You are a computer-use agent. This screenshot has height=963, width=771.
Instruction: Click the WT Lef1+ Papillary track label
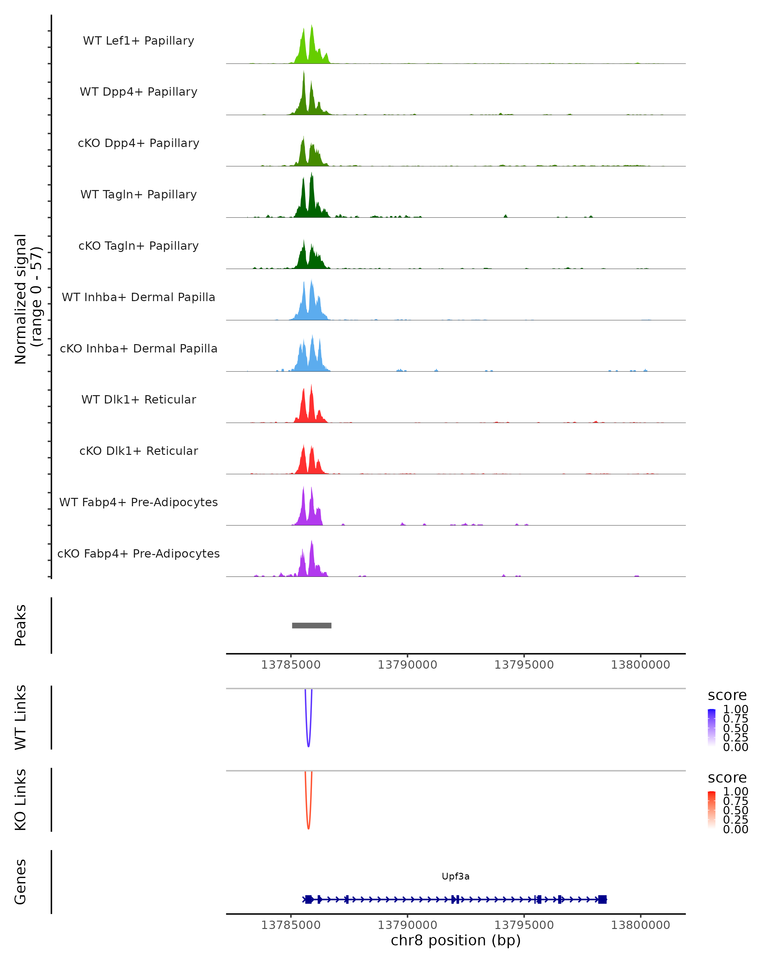click(138, 41)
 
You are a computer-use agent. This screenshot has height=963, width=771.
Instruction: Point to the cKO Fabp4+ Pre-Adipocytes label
click(138, 553)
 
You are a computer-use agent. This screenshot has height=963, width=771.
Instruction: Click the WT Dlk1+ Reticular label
click(138, 399)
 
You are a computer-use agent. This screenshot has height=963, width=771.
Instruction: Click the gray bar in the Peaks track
click(312, 625)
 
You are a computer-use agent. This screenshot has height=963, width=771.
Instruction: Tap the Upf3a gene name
click(456, 876)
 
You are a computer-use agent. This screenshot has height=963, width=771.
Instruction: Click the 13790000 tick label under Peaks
click(407, 665)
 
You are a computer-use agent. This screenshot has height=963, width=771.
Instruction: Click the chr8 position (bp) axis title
click(456, 940)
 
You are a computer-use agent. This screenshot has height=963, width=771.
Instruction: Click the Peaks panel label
click(21, 625)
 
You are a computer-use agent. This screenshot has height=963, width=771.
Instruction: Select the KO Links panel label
click(21, 800)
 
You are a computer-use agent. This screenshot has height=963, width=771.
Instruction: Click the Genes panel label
click(21, 882)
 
